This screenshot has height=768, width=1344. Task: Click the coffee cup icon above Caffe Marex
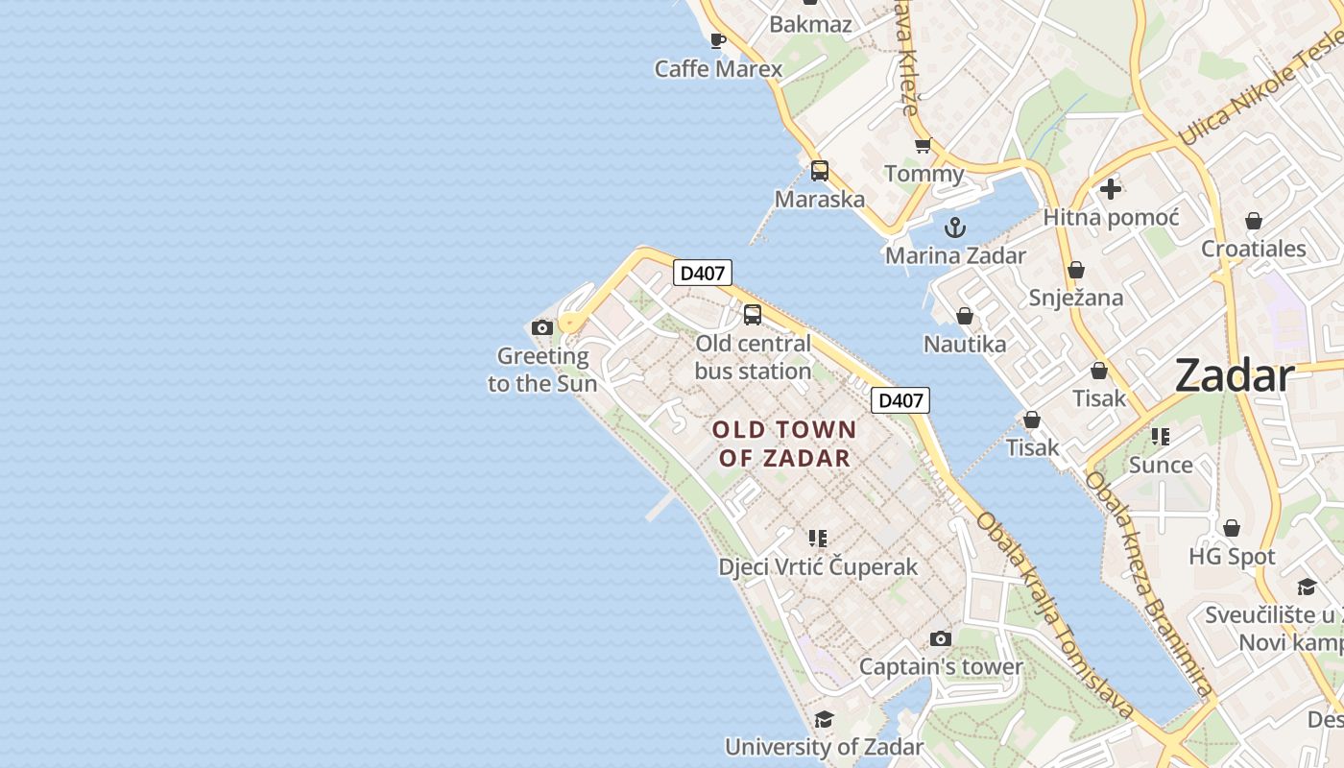[x=717, y=40]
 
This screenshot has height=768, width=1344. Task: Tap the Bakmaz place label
[x=810, y=24]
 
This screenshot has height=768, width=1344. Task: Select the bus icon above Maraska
[x=819, y=171]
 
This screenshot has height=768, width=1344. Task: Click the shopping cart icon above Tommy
[x=923, y=146]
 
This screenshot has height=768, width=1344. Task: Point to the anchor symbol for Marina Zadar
[x=954, y=228]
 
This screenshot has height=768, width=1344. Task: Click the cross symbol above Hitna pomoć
[x=1111, y=189]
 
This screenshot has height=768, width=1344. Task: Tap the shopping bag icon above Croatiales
[x=1253, y=221]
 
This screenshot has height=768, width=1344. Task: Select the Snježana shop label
[x=1075, y=298]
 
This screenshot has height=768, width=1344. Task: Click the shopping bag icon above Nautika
[x=965, y=316]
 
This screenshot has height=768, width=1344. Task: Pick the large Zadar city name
[x=1235, y=375]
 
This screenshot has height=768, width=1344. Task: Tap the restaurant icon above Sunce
[x=1161, y=437]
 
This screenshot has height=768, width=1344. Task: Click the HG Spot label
[x=1232, y=557]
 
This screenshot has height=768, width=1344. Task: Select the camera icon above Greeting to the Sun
[x=542, y=328]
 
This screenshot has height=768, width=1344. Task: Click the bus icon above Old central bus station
[x=753, y=314]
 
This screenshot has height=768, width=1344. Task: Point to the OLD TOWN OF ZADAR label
[x=784, y=444]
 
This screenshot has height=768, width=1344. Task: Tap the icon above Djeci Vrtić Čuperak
[x=818, y=539]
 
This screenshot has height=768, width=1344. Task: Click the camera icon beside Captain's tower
[x=941, y=638]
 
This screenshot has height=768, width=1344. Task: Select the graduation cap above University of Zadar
[x=824, y=719]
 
